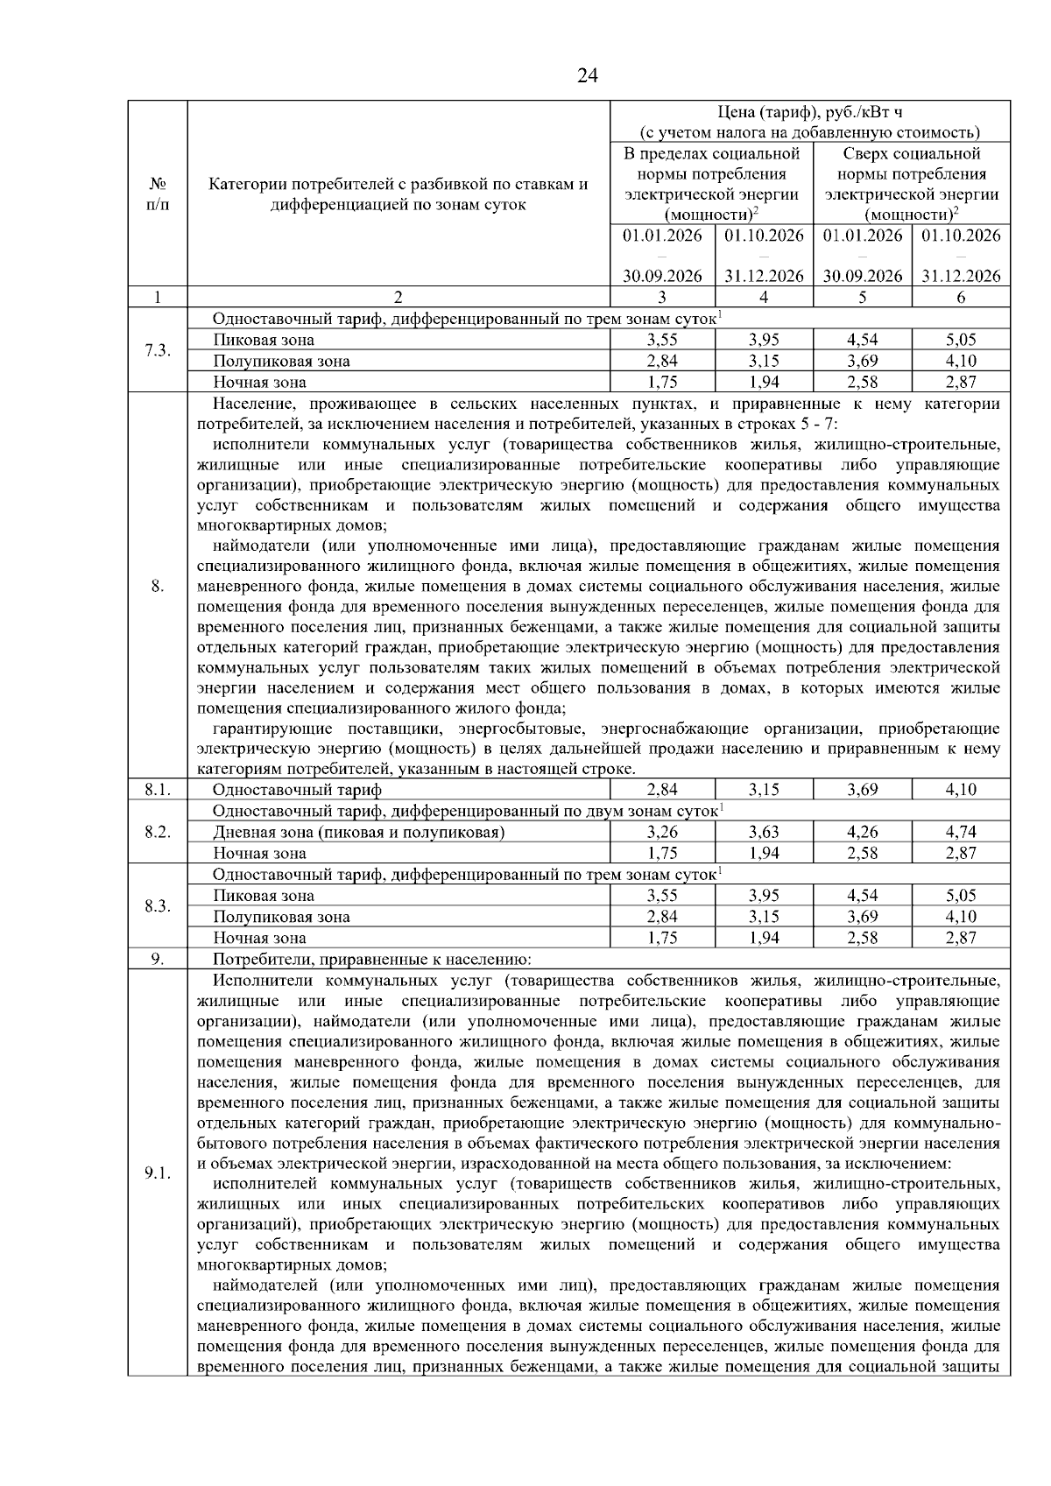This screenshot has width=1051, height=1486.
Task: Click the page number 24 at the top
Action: click(x=588, y=76)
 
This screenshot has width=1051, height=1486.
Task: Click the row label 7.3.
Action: click(x=157, y=350)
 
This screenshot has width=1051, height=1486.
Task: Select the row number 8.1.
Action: click(x=157, y=790)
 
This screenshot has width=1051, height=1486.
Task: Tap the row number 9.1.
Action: click(x=157, y=1173)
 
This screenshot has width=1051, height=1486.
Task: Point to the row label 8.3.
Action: click(x=157, y=905)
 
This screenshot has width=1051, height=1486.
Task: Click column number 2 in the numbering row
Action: click(x=399, y=298)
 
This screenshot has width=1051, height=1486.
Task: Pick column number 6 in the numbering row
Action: click(x=960, y=298)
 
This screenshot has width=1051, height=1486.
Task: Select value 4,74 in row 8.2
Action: click(x=960, y=832)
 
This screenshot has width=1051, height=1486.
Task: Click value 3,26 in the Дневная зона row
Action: click(x=662, y=832)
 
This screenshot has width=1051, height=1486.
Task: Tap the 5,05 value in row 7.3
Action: click(x=960, y=340)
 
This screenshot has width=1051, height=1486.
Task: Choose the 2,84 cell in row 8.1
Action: click(x=662, y=790)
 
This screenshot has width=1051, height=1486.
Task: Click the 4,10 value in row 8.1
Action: click(x=960, y=790)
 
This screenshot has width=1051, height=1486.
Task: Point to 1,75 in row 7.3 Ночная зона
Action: click(x=662, y=382)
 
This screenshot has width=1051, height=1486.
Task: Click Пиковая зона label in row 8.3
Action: click(x=263, y=896)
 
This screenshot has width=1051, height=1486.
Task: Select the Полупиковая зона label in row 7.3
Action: click(x=280, y=361)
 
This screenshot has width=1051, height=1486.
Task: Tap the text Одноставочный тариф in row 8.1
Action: click(x=297, y=790)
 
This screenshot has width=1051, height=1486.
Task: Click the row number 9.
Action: click(x=157, y=959)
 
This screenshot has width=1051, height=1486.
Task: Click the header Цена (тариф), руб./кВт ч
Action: click(x=809, y=112)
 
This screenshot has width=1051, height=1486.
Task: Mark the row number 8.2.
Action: click(x=157, y=832)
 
